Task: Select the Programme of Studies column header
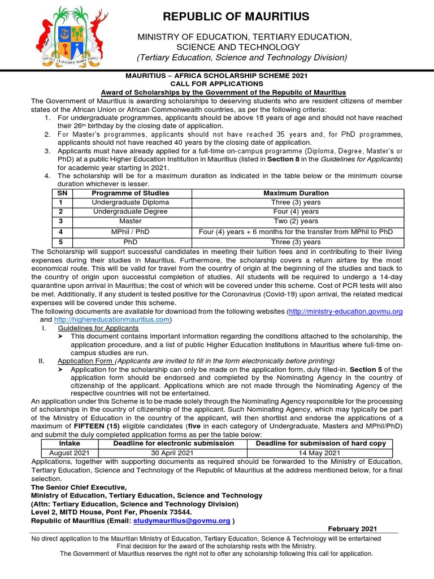tap(130, 193)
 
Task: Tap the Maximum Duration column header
tap(296, 193)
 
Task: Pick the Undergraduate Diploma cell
tap(130, 202)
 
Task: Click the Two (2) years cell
tap(296, 221)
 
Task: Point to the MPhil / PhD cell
tap(130, 232)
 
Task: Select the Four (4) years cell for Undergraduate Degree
tap(296, 211)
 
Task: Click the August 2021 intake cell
tap(70, 452)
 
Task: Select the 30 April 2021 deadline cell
tap(173, 452)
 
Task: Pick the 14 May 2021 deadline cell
tap(320, 452)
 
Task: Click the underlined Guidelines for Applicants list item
tap(98, 328)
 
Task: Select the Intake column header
tap(70, 443)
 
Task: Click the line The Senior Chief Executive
tap(79, 487)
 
